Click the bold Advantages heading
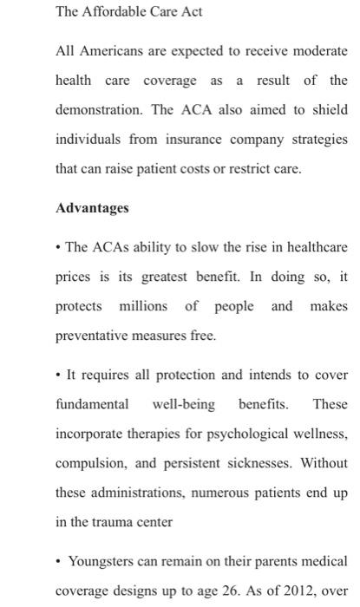click(92, 208)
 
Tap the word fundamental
click(92, 404)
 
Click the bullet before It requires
click(58, 375)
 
